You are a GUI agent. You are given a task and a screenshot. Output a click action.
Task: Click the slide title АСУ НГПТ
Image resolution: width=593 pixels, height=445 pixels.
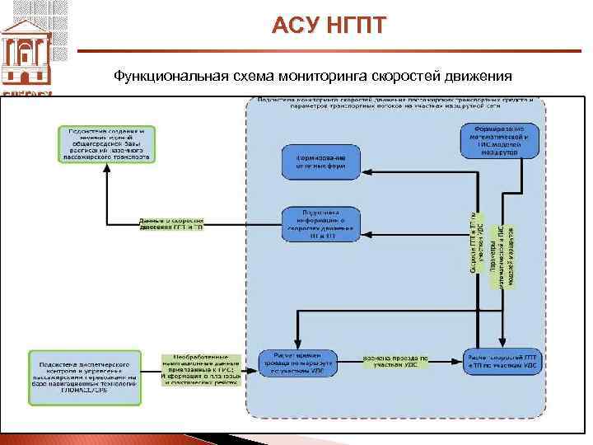tap(328, 26)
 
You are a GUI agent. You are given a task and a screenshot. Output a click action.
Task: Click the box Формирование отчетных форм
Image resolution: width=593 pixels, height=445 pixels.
tap(321, 162)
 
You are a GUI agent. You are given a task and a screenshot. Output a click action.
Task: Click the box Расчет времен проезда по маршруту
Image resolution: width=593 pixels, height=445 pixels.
tap(296, 363)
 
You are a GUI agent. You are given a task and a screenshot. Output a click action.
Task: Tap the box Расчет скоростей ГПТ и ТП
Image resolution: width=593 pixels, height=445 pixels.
tap(502, 363)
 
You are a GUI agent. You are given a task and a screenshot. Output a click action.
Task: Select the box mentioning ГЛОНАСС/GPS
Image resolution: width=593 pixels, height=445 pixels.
tap(85, 378)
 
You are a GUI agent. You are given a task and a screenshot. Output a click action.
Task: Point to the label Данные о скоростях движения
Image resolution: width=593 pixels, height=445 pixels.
tap(170, 224)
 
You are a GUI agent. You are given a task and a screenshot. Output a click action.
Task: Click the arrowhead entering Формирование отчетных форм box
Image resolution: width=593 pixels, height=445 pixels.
tap(365, 172)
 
